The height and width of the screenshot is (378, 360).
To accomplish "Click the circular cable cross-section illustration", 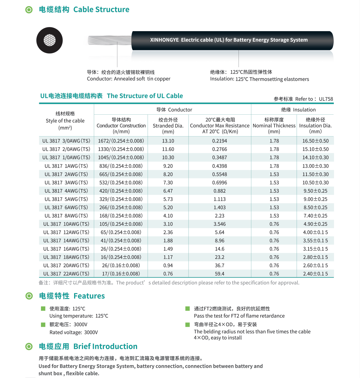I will pos(49,40).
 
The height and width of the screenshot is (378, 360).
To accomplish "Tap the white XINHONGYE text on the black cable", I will pos(229,40).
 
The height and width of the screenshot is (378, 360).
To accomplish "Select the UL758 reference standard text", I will pos(326,99).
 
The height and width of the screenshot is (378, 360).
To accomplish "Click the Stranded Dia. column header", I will pos(168,126).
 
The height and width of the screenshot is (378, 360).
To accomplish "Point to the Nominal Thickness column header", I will pos(274,126).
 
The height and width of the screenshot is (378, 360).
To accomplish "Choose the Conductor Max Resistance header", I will pos(220,126).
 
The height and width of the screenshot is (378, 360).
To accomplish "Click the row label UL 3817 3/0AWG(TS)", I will pos(66,141).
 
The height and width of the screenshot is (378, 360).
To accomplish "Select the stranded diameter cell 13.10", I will pos(168,141).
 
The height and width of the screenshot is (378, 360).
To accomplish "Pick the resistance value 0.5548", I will pos(220,174).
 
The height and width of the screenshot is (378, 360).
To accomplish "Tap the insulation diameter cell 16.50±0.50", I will pos(315,141).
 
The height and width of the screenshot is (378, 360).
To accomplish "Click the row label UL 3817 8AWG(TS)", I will pos(66,216).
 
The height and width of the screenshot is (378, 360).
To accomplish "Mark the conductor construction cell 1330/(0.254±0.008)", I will pos(121,149).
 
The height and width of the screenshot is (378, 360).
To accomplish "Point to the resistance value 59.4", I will pos(220,274).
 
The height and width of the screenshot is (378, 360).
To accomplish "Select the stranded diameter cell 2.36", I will pos(168,232).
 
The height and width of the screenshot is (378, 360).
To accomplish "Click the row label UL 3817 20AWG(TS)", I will pos(66,265).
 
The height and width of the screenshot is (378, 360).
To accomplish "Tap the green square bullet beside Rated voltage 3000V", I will pos(43,324).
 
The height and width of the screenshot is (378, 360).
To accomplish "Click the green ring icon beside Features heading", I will pos(29,296).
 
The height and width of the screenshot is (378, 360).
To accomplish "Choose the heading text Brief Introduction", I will pos(105,346).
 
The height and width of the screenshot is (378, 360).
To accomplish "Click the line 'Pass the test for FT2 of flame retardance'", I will pos(239,316).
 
